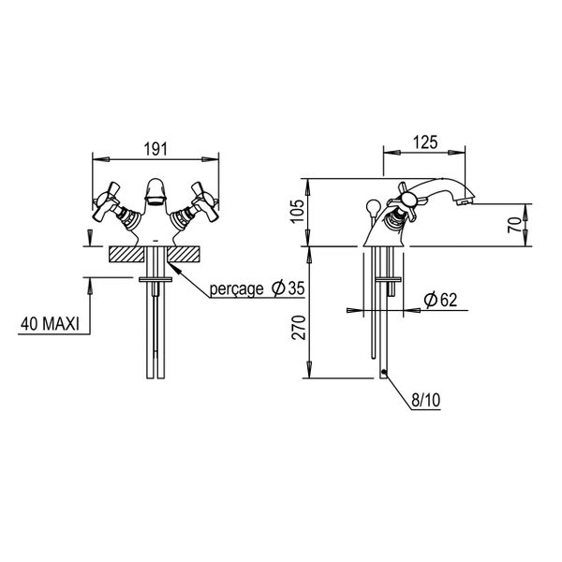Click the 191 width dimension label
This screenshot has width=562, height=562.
[155, 149]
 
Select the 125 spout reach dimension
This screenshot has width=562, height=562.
[425, 142]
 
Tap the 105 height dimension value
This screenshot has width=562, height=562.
[298, 211]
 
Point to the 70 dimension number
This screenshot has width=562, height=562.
[515, 225]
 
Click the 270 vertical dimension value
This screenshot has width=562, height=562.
[299, 328]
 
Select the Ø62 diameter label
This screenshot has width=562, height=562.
[440, 300]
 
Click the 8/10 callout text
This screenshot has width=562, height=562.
[425, 400]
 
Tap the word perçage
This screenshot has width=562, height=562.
[237, 288]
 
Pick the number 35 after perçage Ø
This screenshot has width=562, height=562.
[296, 288]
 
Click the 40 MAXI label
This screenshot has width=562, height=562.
[50, 324]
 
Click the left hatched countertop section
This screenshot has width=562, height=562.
[126, 254]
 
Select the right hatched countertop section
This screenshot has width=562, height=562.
[183, 254]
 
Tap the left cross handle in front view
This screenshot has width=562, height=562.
[107, 201]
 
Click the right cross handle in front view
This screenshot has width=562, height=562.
[204, 201]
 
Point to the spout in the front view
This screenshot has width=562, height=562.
[155, 192]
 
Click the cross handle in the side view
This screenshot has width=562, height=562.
[407, 200]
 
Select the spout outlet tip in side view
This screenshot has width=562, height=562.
[465, 202]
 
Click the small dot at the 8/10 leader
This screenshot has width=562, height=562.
[384, 372]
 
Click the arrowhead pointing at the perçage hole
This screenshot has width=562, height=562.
[173, 267]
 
